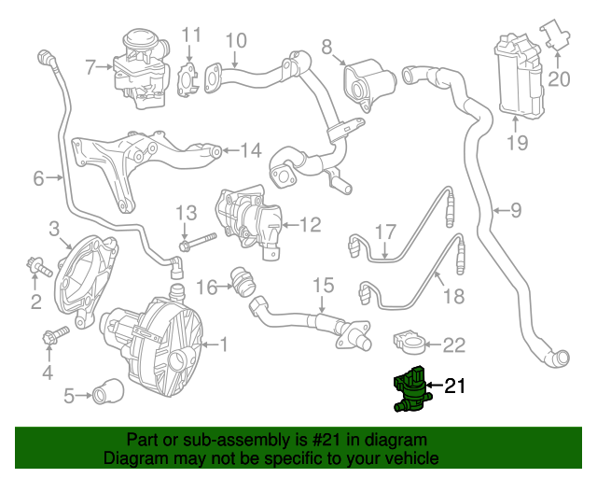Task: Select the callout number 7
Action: (90, 67)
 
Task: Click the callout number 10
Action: (236, 40)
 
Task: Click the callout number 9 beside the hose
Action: (516, 210)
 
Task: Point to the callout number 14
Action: (251, 150)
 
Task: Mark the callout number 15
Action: (322, 285)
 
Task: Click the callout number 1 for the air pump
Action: (222, 344)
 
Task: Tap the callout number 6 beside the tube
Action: (38, 177)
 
